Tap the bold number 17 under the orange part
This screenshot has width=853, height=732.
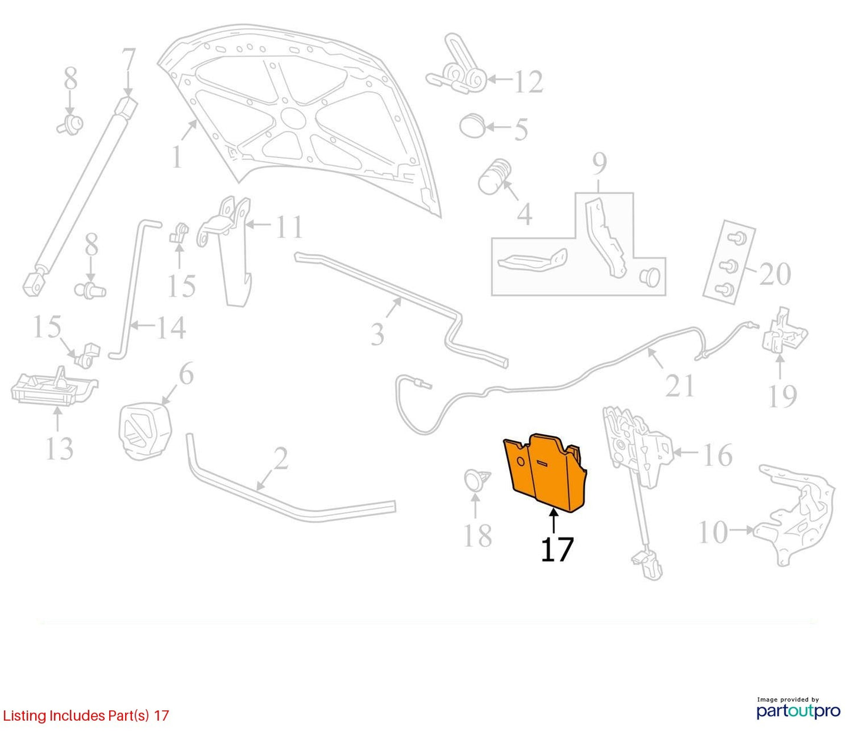pyautogui.click(x=557, y=549)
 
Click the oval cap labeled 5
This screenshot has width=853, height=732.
pyautogui.click(x=472, y=126)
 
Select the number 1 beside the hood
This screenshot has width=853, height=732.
pyautogui.click(x=177, y=157)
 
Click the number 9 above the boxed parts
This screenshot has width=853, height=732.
pyautogui.click(x=600, y=164)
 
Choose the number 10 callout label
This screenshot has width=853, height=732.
pyautogui.click(x=713, y=532)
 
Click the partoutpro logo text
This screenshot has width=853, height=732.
pyautogui.click(x=799, y=711)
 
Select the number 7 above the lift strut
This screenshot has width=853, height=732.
pyautogui.click(x=128, y=60)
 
